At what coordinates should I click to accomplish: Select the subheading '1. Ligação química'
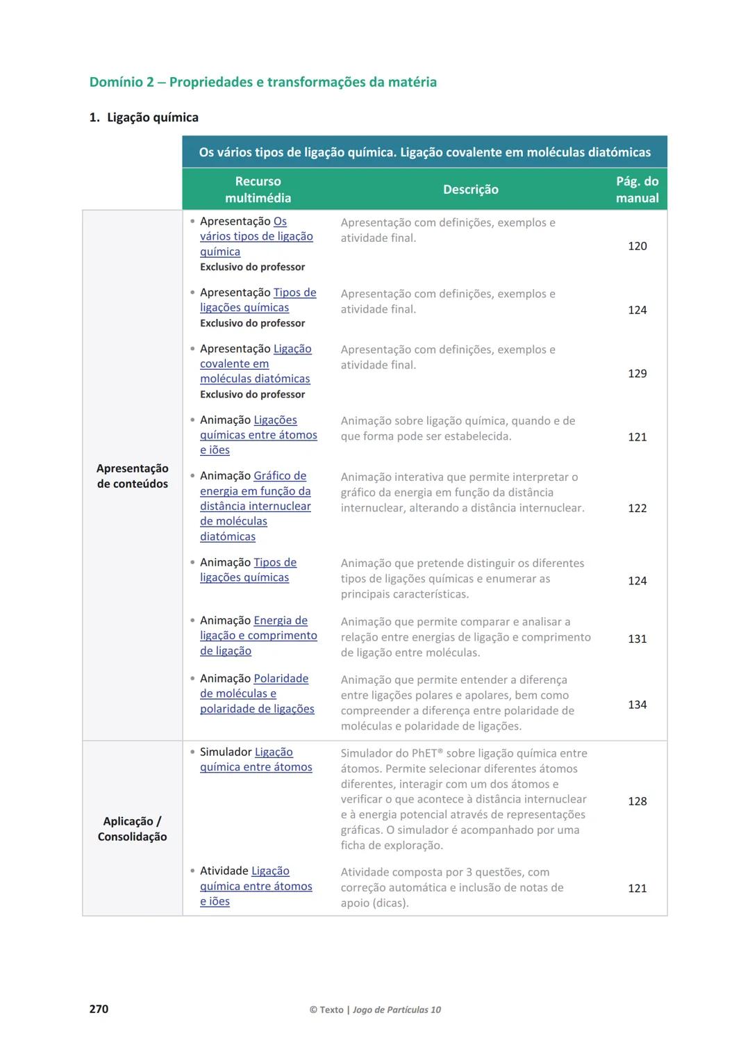click(x=144, y=117)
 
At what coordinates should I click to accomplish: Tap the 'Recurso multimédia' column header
click(x=258, y=190)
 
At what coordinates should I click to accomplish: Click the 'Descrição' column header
click(x=470, y=190)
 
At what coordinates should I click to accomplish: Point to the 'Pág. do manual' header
click(x=637, y=190)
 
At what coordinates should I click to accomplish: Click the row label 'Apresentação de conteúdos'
click(x=132, y=476)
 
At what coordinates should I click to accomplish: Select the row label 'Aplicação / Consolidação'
click(x=132, y=829)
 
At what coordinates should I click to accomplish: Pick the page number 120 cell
click(x=637, y=246)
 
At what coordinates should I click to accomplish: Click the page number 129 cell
click(x=637, y=373)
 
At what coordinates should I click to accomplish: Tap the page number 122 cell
click(x=637, y=508)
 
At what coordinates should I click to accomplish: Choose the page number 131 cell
click(x=637, y=639)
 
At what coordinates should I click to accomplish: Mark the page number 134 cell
click(x=637, y=705)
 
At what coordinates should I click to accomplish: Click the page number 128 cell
click(x=637, y=801)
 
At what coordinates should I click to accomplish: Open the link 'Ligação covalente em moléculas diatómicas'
click(x=255, y=364)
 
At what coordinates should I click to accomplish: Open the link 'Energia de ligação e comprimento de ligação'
click(x=258, y=636)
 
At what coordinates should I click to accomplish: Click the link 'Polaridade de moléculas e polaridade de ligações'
click(x=257, y=693)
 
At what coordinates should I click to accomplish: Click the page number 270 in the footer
click(x=99, y=1009)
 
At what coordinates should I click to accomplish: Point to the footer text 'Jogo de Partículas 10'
click(x=397, y=1010)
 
